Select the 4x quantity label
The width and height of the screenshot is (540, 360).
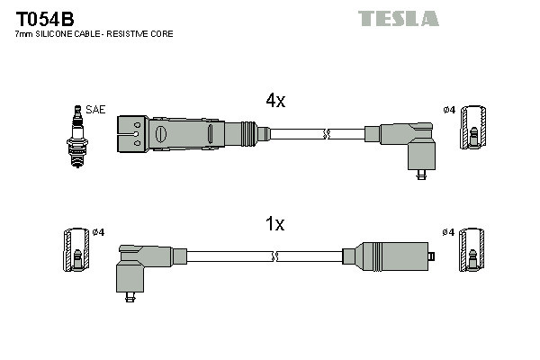(274, 101)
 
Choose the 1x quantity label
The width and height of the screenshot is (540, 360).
(274, 224)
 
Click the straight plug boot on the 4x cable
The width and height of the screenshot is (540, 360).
(189, 133)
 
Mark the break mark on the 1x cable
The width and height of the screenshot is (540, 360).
(276, 256)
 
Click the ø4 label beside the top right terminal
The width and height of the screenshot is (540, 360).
(449, 110)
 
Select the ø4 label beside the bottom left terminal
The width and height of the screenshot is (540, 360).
(99, 232)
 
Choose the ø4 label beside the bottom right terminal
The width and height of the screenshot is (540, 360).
(449, 232)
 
